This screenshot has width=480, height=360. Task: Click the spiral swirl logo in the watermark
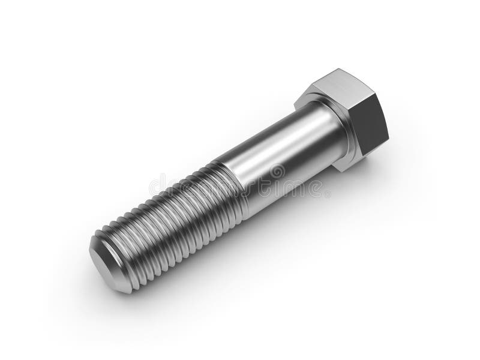tap(277, 173)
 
